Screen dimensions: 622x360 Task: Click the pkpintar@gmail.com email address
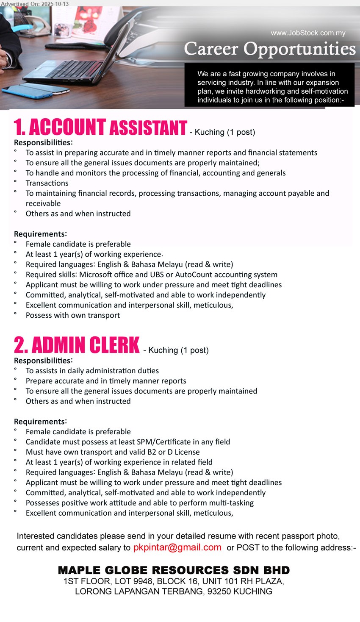pos(177,547)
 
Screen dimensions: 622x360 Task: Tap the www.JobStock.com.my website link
pos(308,33)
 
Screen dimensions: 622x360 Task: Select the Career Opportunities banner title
pos(270,49)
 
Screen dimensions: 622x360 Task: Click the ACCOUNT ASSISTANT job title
pos(100,128)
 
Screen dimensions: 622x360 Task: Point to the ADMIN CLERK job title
pos(77,345)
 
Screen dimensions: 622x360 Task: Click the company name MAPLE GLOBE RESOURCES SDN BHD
pos(174,570)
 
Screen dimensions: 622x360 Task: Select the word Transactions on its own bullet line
pos(47,183)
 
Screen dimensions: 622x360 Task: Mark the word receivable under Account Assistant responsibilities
pos(43,203)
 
